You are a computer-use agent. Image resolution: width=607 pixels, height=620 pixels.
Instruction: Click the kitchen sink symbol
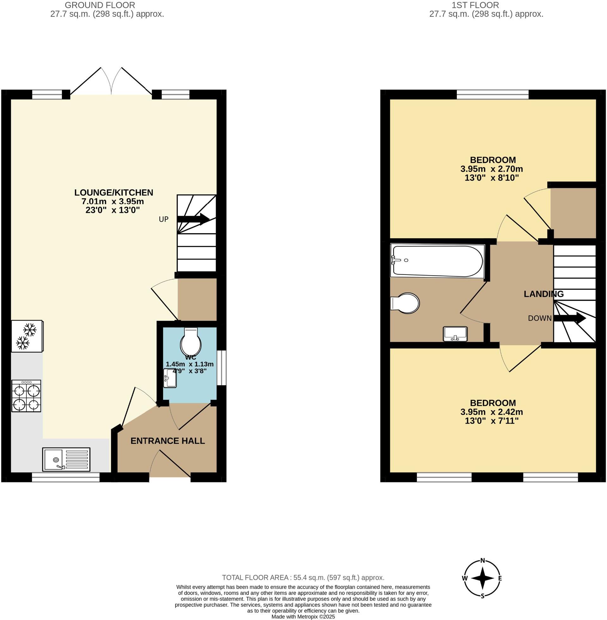coord(66,459)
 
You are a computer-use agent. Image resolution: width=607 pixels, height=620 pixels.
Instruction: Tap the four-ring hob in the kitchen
coord(27,396)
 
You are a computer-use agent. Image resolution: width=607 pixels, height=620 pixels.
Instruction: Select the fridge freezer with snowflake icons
coord(27,336)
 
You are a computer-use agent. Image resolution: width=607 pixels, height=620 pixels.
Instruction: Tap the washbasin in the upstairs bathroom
coord(455,334)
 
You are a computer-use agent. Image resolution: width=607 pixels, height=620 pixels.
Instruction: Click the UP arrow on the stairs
coord(193,219)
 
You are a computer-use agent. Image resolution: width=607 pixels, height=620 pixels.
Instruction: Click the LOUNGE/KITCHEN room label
coord(114,193)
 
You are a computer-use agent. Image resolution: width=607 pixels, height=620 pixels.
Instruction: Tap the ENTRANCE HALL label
coord(168,441)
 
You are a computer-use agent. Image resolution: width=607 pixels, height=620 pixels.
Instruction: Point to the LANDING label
coord(543,294)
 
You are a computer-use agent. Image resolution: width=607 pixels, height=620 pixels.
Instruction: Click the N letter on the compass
coord(483,561)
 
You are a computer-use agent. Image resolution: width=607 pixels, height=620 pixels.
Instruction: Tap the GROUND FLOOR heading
coord(100,5)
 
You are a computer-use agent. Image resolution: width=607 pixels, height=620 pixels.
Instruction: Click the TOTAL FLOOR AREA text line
coord(303,578)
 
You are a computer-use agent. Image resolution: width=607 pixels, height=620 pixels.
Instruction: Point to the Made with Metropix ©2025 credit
coord(303,617)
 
